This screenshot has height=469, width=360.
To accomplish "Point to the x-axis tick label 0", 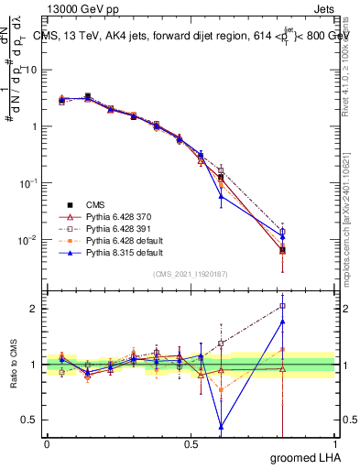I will click(47, 443).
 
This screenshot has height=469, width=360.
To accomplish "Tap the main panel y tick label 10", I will click(32, 70).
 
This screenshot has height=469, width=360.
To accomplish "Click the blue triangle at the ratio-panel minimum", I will click(221, 426).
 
